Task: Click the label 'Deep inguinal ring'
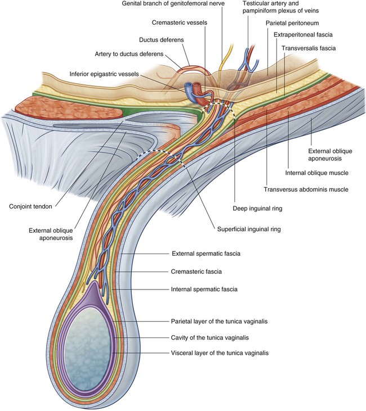click(x=258, y=208)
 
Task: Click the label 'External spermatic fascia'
click(x=206, y=254)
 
